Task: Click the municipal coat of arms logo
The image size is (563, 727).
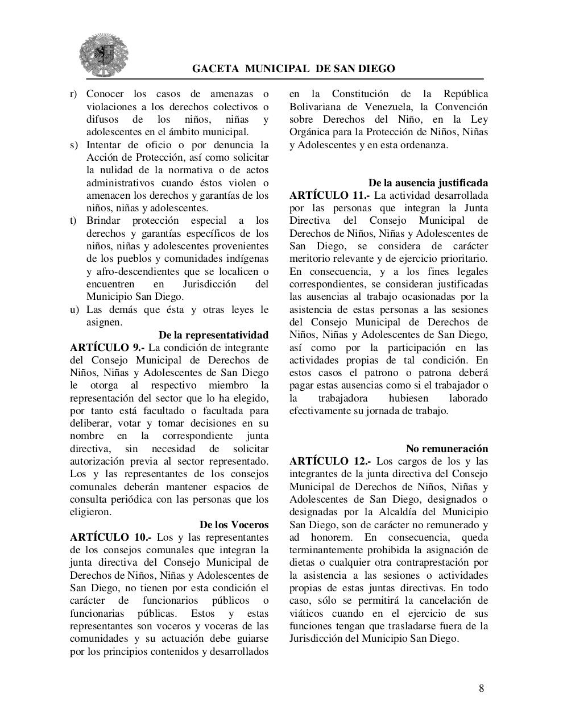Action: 104,55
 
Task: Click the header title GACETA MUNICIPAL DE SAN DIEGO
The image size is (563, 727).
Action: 293,69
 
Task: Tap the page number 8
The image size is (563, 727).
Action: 481,688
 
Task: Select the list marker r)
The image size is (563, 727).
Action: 73,94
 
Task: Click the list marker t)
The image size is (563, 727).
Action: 73,221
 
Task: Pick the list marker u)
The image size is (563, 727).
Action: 74,310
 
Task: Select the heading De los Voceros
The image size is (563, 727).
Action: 234,525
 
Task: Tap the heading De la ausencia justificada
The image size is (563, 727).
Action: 428,183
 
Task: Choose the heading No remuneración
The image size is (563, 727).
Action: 446,449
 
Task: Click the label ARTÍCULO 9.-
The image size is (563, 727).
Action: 107,348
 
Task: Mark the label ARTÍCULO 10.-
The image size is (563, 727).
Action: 110,537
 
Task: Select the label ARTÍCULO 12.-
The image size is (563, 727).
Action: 330,461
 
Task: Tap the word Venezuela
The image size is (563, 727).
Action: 388,107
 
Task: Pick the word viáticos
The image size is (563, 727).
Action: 310,613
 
